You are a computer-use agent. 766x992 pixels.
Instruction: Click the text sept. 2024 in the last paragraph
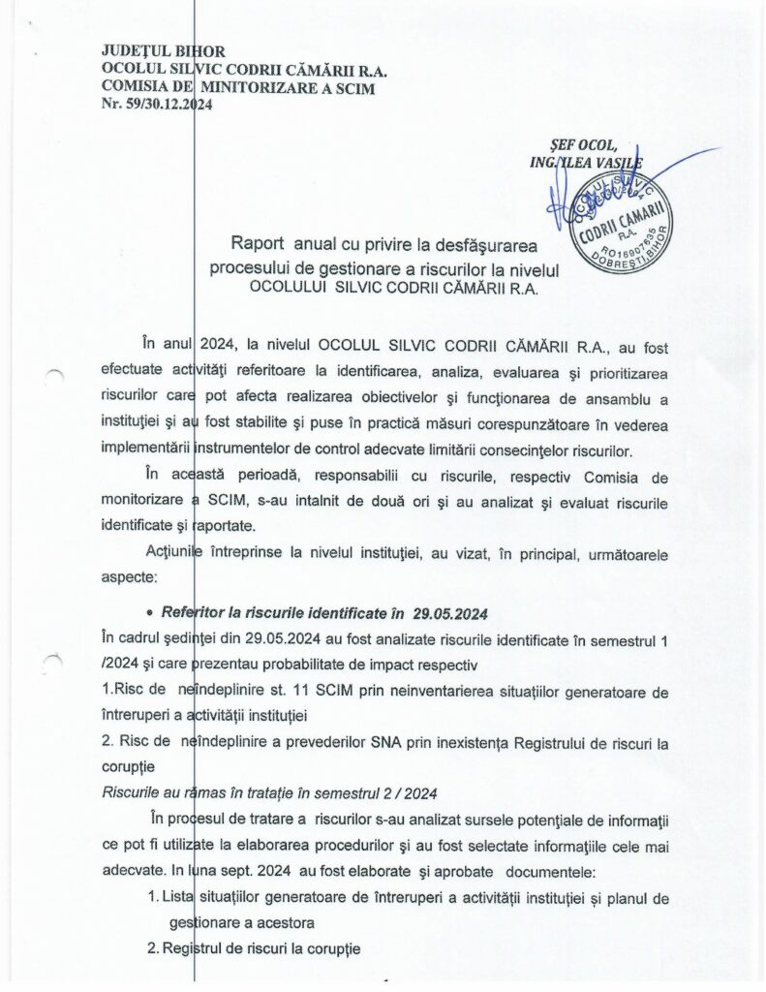click(x=241, y=869)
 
